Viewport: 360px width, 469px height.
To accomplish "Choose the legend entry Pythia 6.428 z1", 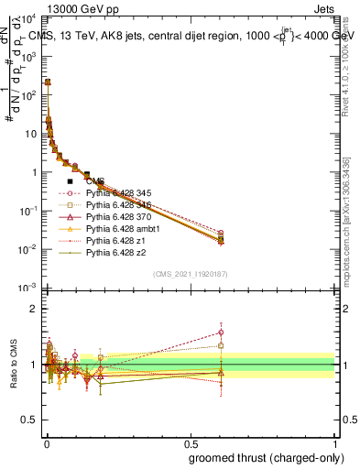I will [114, 241].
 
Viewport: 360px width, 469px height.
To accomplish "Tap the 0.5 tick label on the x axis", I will [190, 443].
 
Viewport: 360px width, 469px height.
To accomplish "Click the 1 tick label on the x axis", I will [335, 443].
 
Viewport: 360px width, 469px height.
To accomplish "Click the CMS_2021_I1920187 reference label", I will [189, 273].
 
